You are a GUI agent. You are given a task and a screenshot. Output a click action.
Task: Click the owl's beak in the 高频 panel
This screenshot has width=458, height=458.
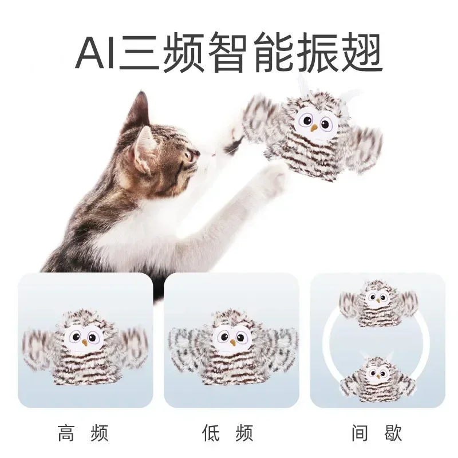[85, 342]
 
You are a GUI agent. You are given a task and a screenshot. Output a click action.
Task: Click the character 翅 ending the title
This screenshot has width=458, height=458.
[362, 54]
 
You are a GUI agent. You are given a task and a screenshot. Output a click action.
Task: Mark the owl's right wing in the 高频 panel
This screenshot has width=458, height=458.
[133, 346]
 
